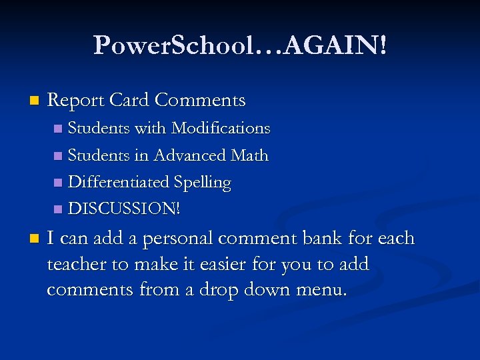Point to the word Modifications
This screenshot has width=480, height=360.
click(x=221, y=128)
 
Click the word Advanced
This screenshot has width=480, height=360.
click(x=190, y=155)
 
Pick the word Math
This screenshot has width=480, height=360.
click(x=249, y=155)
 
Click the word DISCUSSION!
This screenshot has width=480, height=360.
click(x=125, y=209)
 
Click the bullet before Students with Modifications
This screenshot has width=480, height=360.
click(x=58, y=128)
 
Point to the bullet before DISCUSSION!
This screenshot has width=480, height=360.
click(x=58, y=209)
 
